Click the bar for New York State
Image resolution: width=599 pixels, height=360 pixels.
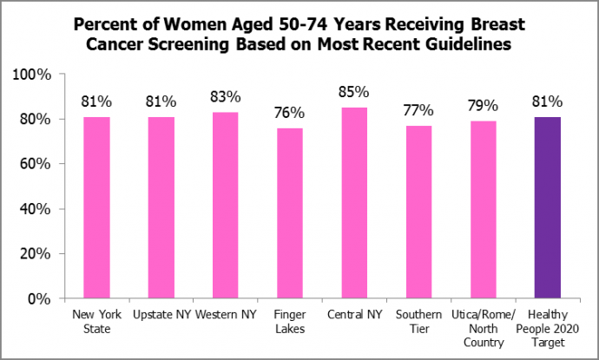point(96,208)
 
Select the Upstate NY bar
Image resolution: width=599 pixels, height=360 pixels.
point(161,208)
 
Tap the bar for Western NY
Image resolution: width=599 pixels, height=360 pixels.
point(226,206)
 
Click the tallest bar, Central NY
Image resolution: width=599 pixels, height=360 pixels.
point(354,204)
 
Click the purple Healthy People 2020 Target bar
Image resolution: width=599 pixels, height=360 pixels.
point(548,208)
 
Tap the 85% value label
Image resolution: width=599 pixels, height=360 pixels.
point(354,92)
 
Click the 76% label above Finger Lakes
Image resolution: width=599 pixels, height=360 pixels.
point(290,113)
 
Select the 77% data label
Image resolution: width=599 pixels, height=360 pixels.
point(418,110)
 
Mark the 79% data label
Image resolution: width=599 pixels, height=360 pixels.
point(484,106)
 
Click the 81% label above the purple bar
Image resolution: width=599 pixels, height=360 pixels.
point(548,101)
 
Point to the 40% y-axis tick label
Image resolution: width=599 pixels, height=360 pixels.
point(37,209)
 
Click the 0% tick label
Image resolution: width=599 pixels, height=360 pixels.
point(41,299)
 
